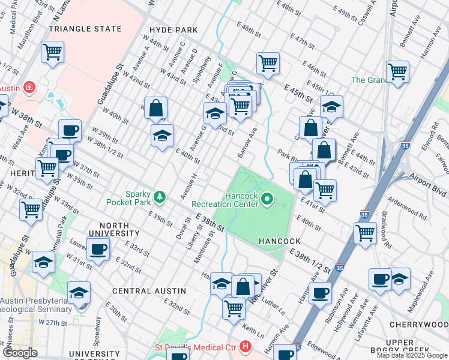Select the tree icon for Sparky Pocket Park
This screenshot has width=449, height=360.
tap(160, 196)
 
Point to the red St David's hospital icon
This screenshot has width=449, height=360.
tap(244, 347)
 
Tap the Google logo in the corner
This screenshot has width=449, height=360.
tap(20, 353)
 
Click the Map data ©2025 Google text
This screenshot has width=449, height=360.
tap(412, 355)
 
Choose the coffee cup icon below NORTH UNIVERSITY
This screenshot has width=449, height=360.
tap(98, 248)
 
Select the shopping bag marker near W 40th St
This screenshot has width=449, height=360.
tap(155, 109)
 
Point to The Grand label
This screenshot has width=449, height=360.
tap(367, 80)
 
